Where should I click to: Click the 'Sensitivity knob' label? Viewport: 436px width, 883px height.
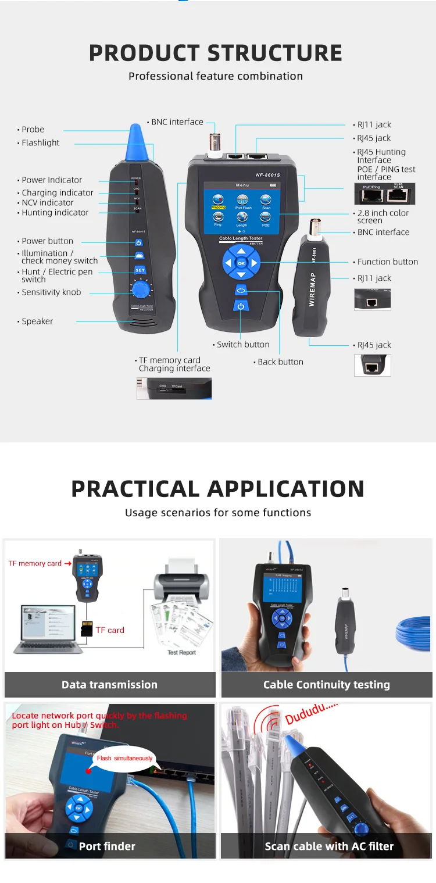[51, 292]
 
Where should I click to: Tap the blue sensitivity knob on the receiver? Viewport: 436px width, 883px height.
[140, 289]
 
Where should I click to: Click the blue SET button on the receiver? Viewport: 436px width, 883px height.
[140, 270]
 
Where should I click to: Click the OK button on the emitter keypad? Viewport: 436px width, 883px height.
[241, 263]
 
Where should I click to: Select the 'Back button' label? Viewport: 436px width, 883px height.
[280, 362]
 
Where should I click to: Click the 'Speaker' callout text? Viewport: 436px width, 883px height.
[37, 321]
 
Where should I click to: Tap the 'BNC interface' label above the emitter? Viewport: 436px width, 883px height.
[177, 122]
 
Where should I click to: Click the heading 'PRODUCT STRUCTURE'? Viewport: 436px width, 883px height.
[216, 53]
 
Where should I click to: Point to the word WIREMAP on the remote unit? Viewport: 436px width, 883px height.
[312, 289]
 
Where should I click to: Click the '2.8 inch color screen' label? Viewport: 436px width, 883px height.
[383, 217]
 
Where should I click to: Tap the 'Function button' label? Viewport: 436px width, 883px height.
[387, 262]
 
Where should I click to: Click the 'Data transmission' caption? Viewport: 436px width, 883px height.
[109, 685]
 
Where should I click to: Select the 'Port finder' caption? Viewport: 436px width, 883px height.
[107, 846]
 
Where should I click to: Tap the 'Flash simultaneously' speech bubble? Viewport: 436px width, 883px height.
[124, 758]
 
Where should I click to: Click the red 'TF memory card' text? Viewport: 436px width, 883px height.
[35, 563]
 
